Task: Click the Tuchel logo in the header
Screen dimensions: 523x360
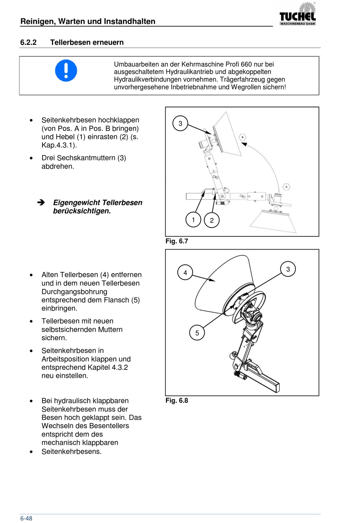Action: [297, 15]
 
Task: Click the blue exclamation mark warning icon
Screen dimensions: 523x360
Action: [66, 71]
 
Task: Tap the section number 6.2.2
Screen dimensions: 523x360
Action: [28, 42]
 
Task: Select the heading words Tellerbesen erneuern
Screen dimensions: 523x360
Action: [87, 42]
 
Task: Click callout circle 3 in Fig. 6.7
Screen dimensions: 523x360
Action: [180, 123]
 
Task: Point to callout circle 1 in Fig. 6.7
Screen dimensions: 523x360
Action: [193, 220]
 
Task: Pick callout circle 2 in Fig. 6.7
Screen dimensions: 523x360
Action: [212, 220]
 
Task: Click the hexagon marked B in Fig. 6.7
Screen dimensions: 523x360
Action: [243, 137]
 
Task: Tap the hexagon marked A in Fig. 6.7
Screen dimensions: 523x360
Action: [286, 187]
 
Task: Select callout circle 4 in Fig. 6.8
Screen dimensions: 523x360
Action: [185, 272]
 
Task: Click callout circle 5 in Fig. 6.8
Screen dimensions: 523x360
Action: [197, 333]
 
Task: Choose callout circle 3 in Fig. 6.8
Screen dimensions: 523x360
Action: [288, 269]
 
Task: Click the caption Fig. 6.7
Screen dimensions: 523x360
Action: [177, 241]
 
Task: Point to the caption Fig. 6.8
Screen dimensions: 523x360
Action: [177, 400]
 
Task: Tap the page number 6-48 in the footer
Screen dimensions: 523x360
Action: [26, 518]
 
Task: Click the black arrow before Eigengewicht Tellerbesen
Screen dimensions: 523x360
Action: [41, 203]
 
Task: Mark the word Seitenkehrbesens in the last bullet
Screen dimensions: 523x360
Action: [71, 451]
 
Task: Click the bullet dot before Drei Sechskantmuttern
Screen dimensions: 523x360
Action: [31, 158]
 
